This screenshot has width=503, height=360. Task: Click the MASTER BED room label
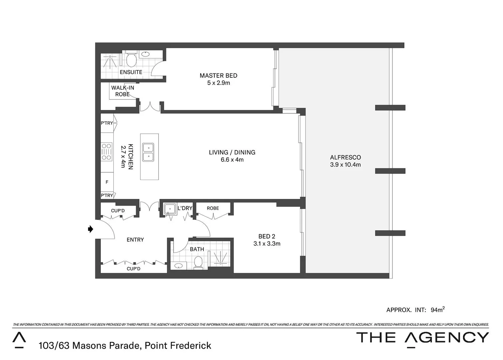[x=218, y=76]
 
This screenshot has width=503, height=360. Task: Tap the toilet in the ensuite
[x=132, y=60]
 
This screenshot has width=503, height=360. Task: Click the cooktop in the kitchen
[x=106, y=151]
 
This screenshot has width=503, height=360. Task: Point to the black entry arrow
[x=90, y=229]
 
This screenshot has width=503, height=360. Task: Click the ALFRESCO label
[x=345, y=157]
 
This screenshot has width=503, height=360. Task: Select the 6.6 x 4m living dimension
[x=232, y=160]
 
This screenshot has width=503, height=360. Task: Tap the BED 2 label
[x=267, y=236]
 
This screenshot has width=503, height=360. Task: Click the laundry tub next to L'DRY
[x=170, y=209]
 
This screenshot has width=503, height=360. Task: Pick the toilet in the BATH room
[x=198, y=262]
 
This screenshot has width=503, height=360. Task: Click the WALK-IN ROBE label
[x=122, y=91]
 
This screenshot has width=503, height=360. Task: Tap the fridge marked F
[x=107, y=182]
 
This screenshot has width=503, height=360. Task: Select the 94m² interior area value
[x=437, y=310]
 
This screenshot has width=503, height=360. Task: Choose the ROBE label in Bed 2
[x=213, y=208]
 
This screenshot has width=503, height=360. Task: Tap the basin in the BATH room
[x=179, y=266]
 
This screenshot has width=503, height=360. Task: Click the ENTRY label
[x=135, y=240]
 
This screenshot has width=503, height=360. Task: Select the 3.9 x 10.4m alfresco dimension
[x=345, y=165]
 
